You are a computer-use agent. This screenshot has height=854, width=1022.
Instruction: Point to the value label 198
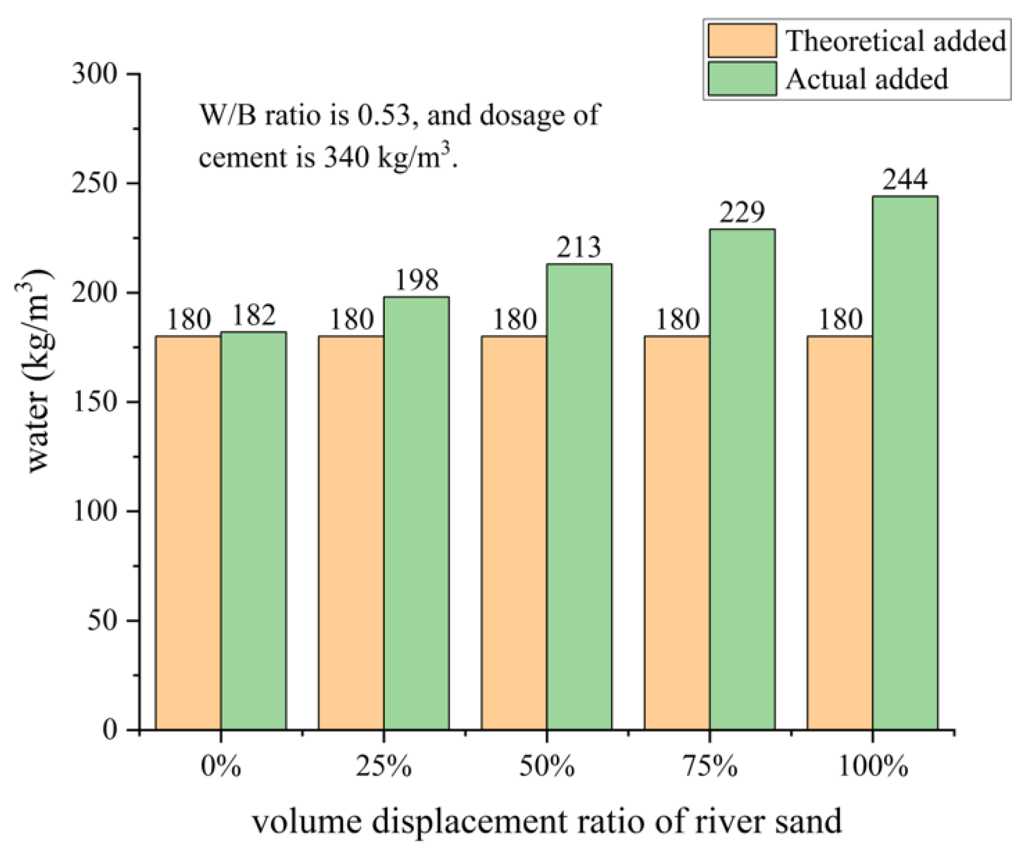[x=416, y=280]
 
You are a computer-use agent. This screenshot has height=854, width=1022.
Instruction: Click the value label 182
[x=253, y=315]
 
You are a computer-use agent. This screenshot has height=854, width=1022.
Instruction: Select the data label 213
[x=579, y=248]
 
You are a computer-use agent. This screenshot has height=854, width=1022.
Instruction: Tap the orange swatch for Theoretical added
[x=742, y=41]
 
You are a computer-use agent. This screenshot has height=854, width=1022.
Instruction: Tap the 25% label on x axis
[x=383, y=767]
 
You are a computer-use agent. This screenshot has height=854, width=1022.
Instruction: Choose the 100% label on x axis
[x=872, y=767]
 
